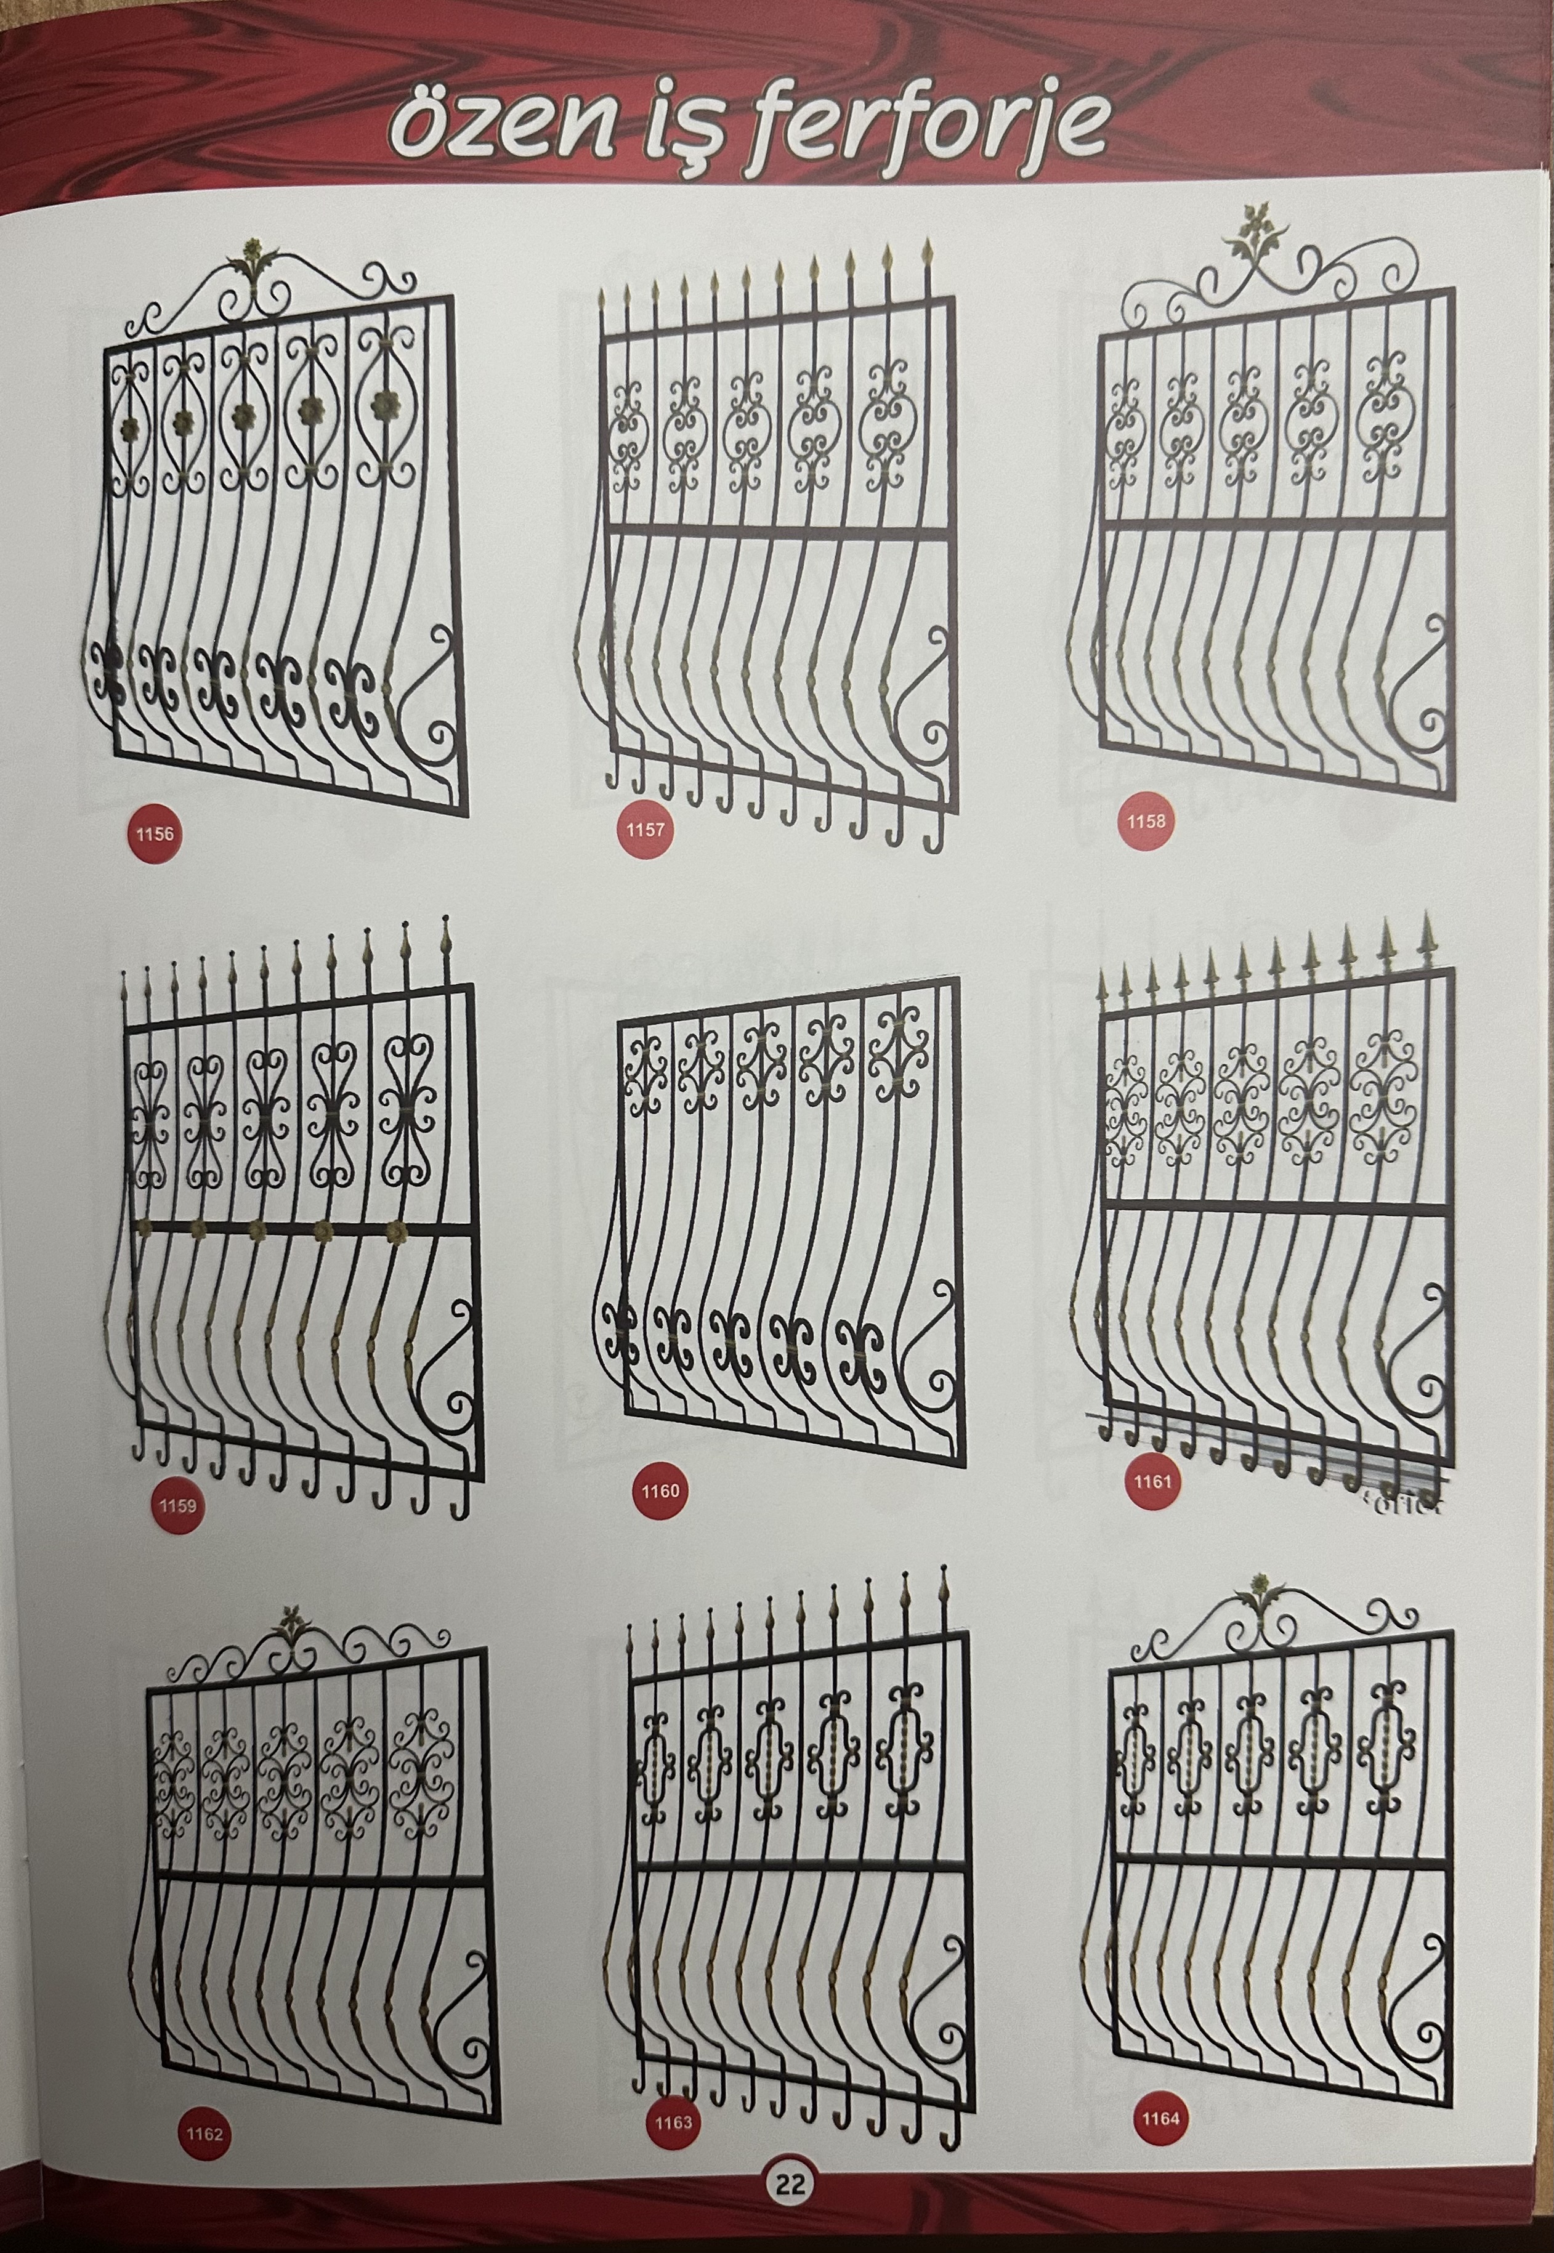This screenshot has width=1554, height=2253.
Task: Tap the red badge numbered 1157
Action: pos(645,830)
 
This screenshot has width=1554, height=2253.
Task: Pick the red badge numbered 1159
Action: pos(177,1505)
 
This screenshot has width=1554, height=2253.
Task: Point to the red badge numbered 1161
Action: pos(1152,1482)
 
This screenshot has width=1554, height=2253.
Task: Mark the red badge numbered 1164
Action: pos(1160,2138)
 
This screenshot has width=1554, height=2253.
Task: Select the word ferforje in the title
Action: pos(931,131)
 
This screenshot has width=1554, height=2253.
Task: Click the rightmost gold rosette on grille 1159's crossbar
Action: pos(395,1234)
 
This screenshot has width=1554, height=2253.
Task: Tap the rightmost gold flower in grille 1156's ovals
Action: pos(387,402)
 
